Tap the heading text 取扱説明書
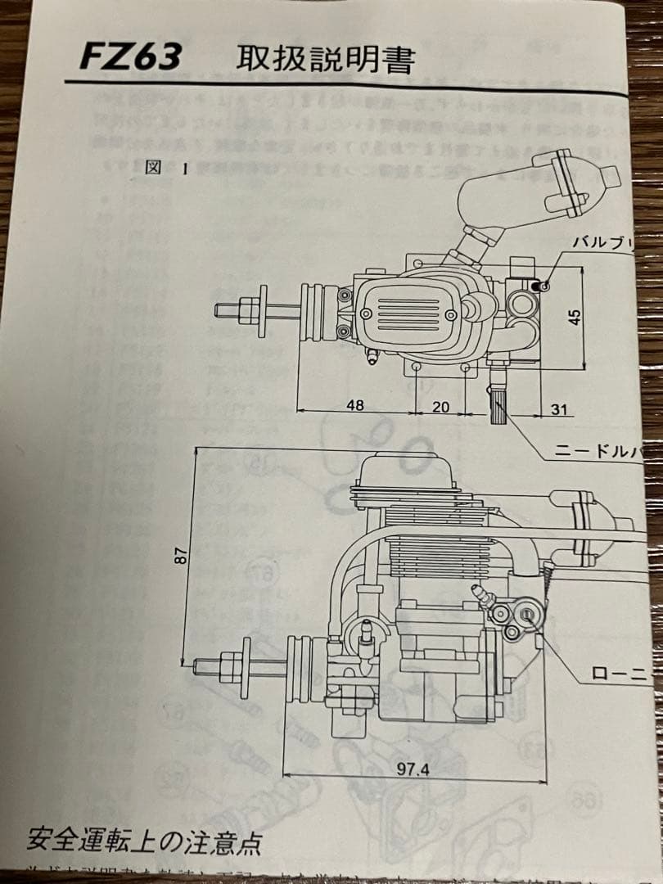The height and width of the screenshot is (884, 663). point(326,60)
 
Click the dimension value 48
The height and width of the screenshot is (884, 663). point(354,405)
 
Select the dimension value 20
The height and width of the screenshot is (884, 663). point(440,405)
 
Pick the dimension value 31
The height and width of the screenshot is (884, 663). point(560,409)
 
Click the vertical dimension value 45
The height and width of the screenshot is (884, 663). point(575,317)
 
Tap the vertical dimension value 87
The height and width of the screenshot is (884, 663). point(182,555)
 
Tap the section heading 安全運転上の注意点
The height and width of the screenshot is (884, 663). point(144,840)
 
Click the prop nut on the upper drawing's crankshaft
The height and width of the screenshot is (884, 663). point(264,311)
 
